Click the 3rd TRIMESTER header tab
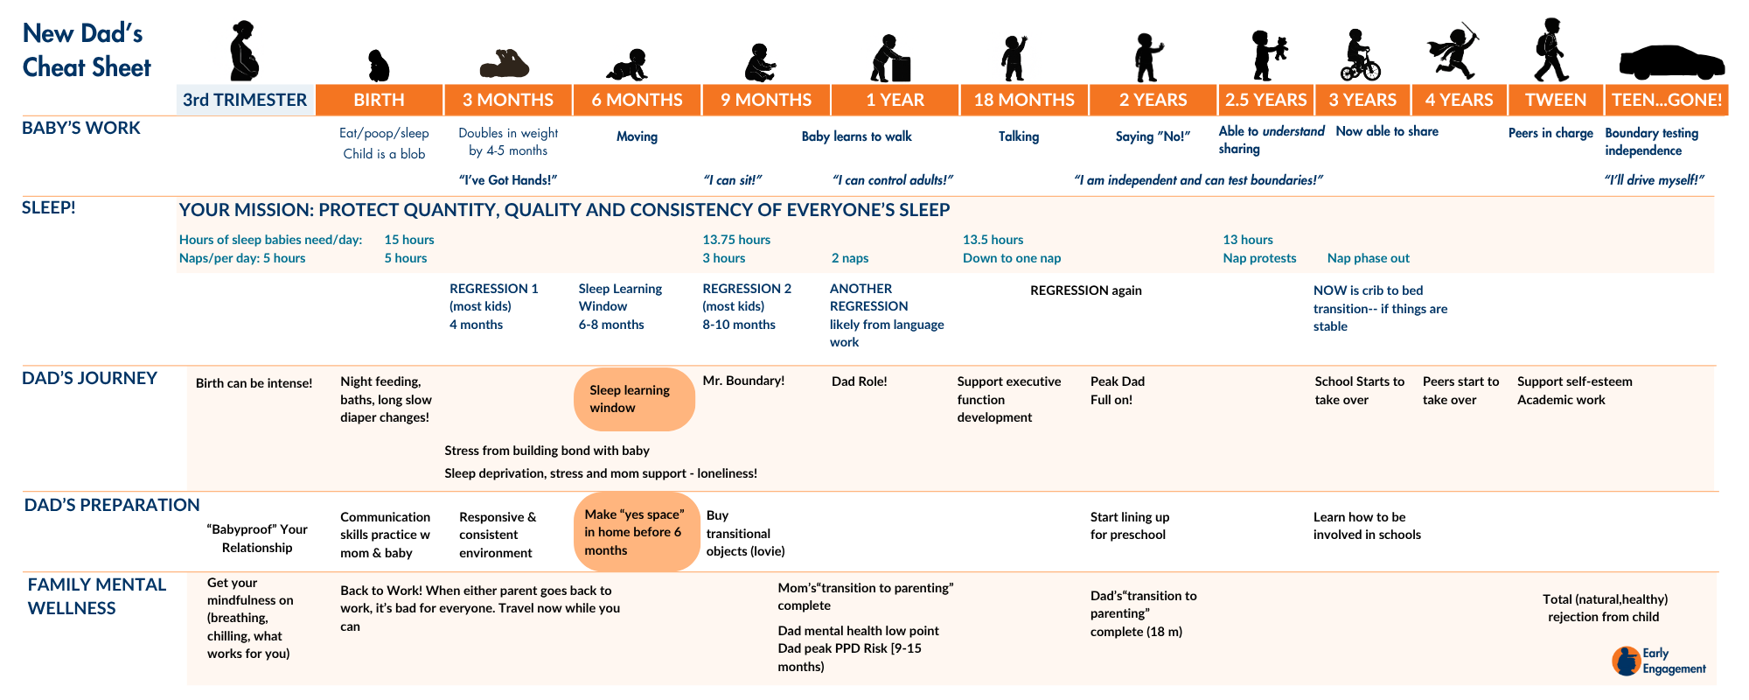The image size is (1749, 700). pos(245,100)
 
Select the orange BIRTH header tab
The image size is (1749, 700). pos(379,100)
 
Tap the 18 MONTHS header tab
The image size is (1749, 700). pos(1024,100)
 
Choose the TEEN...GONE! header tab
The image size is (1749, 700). pos(1667,100)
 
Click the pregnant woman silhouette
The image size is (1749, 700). pos(244,52)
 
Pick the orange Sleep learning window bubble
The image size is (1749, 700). pos(634,399)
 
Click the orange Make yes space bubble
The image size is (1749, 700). pos(637,532)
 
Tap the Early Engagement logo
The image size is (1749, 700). pos(1658,661)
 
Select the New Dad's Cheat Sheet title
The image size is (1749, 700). pos(87,50)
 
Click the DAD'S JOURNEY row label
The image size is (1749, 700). pos(89,378)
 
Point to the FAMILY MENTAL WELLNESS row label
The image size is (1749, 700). pos(96,596)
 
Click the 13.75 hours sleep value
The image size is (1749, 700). pos(736,240)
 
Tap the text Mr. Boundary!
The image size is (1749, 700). pos(743,381)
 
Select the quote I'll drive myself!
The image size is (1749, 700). pos(1654,180)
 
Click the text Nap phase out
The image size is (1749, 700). pos(1368,258)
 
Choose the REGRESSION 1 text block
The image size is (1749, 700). pos(493,306)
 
